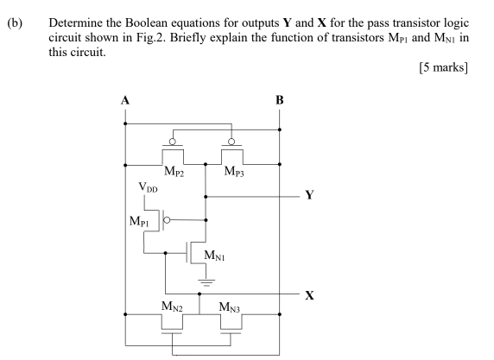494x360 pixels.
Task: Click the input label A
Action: (125, 100)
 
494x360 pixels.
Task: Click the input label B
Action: (279, 100)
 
